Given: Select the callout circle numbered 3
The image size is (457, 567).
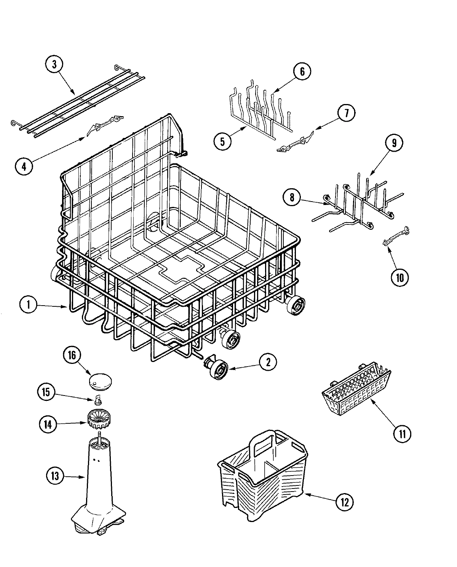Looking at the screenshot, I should [54, 64].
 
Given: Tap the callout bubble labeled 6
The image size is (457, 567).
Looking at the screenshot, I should [302, 72].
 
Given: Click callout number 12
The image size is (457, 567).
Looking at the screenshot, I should [344, 502].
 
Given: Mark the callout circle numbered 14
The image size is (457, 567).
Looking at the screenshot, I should [48, 424].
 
